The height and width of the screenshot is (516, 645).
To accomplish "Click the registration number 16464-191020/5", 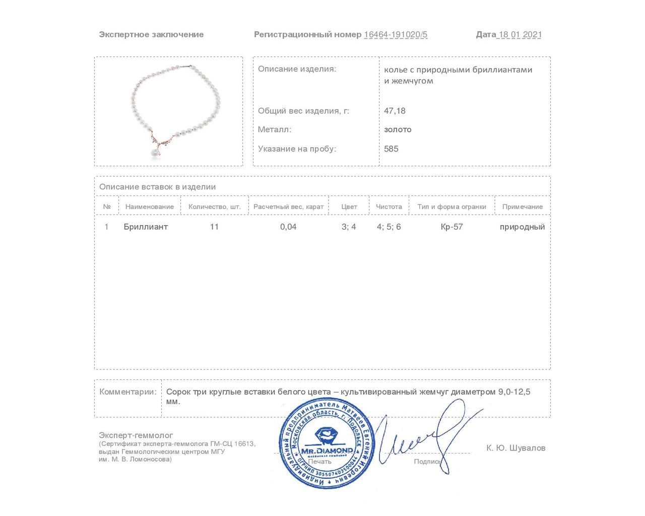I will pyautogui.click(x=396, y=35).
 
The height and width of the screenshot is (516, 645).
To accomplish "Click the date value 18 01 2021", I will pyautogui.click(x=520, y=35).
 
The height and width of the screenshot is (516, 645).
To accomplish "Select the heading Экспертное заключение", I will pyautogui.click(x=151, y=35).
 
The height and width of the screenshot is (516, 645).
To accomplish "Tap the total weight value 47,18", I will pyautogui.click(x=395, y=111).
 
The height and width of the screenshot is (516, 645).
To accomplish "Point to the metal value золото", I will pyautogui.click(x=398, y=130).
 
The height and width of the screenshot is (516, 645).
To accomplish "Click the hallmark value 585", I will pyautogui.click(x=391, y=149).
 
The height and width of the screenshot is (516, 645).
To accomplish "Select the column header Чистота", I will pyautogui.click(x=389, y=207).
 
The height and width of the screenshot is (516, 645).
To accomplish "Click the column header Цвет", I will pyautogui.click(x=349, y=207).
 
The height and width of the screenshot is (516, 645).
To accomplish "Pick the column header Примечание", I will pyautogui.click(x=523, y=207).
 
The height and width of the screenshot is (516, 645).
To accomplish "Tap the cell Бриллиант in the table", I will pyautogui.click(x=146, y=227).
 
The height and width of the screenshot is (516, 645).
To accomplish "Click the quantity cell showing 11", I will pyautogui.click(x=214, y=227).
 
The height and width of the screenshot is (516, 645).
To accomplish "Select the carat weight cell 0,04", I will pyautogui.click(x=288, y=227).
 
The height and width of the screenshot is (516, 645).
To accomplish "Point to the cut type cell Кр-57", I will pyautogui.click(x=451, y=227).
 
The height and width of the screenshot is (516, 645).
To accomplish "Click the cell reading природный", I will pyautogui.click(x=522, y=227).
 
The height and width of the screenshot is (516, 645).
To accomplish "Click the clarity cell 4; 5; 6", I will pyautogui.click(x=389, y=227).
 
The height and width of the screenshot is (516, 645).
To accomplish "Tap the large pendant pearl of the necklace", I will pyautogui.click(x=153, y=153).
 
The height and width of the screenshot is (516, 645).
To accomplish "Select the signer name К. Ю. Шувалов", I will pyautogui.click(x=515, y=448).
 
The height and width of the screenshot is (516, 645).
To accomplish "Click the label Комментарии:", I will pyautogui.click(x=128, y=392).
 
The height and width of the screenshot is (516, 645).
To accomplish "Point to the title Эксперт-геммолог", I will pyautogui.click(x=136, y=435).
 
